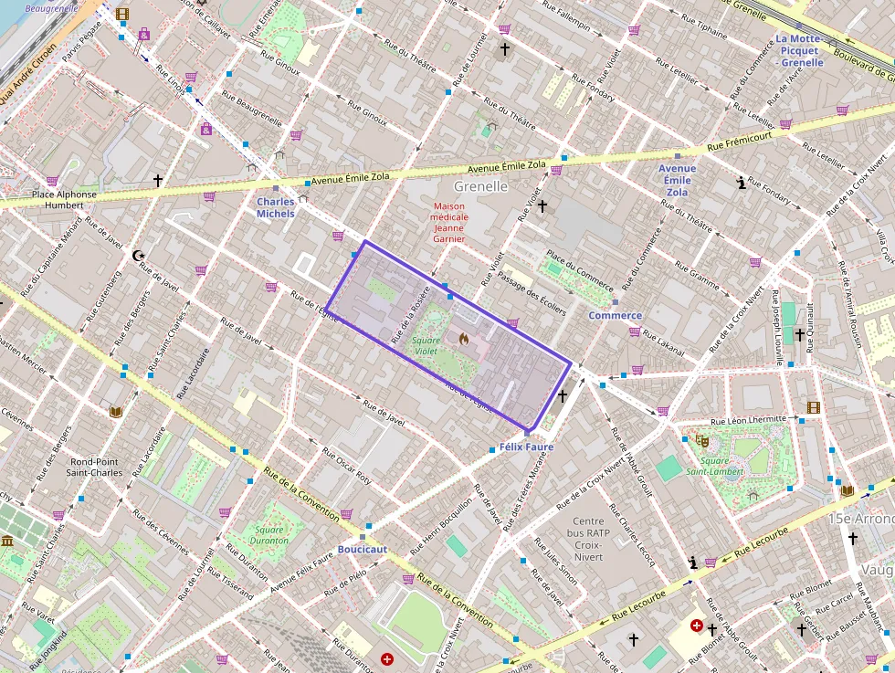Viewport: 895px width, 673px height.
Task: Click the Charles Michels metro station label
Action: [x=275, y=207]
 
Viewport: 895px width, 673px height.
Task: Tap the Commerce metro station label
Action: [x=615, y=315]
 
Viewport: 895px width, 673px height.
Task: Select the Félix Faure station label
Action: [x=527, y=447]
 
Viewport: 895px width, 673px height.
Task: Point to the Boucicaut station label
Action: [x=363, y=549]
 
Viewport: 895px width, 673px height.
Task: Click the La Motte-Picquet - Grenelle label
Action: [x=799, y=50]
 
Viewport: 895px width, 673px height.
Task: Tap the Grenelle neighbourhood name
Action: [x=480, y=186]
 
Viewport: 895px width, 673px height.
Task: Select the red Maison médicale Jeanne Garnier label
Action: [x=449, y=223]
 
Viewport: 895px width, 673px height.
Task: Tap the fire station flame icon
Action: [x=463, y=338]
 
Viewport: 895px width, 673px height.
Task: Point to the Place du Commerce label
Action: [x=580, y=268]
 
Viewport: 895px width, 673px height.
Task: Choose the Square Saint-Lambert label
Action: [x=708, y=466]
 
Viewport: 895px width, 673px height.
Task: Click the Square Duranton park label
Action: [x=269, y=535]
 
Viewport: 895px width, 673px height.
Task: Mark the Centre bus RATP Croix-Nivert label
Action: [x=588, y=539]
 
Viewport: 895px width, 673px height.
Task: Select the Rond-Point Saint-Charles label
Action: [x=96, y=467]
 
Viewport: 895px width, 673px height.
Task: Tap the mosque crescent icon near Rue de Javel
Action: [x=138, y=256]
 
